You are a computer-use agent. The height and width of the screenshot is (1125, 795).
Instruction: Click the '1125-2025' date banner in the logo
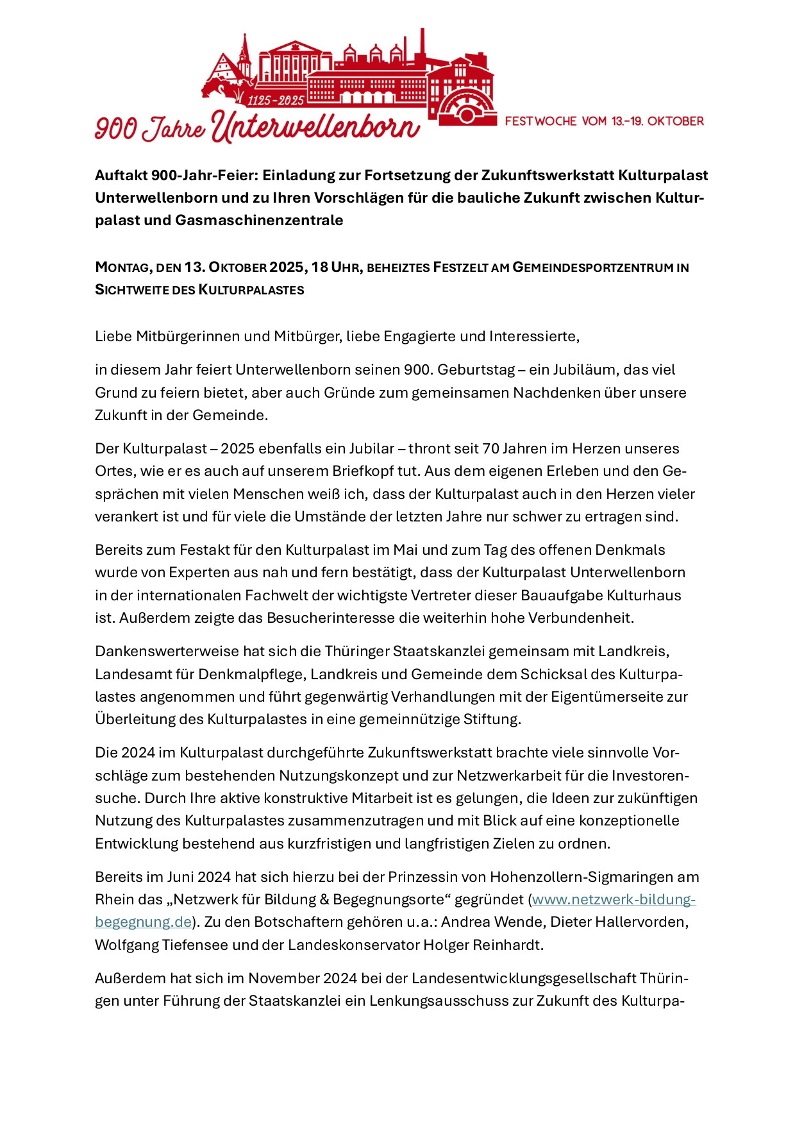pos(276,100)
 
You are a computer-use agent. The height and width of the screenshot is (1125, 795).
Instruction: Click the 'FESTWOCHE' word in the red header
pos(540,121)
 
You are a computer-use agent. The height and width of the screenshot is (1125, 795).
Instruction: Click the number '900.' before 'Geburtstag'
pos(419,370)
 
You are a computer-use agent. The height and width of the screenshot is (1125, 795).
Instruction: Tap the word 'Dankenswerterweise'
pos(167,652)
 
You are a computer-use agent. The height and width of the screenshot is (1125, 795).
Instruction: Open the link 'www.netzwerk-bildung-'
pos(614,900)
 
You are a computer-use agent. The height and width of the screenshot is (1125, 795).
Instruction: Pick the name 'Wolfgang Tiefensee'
pos(161,945)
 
